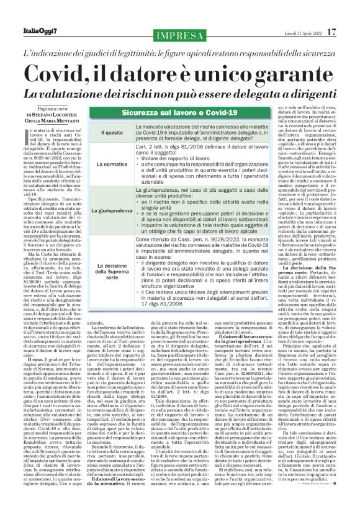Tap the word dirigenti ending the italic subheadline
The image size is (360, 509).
point(307,92)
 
